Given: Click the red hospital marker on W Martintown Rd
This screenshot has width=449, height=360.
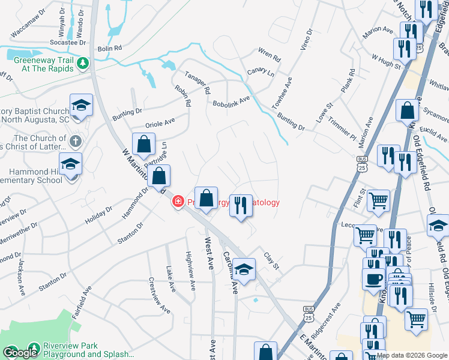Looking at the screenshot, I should [178, 202].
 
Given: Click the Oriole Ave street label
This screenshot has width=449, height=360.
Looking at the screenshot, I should [160, 123].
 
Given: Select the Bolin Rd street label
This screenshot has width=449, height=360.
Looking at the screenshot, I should [110, 47].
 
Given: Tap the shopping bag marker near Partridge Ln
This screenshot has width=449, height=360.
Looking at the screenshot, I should [144, 145].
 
